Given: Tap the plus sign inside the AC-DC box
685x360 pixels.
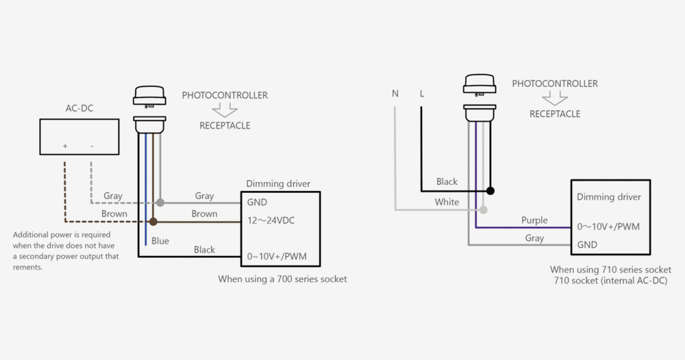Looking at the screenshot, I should tap(65, 146).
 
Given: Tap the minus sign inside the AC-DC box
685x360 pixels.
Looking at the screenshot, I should tap(91, 146).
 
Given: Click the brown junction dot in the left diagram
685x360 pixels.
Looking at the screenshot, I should tap(153, 222).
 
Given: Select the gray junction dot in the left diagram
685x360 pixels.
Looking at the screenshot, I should tap(160, 203).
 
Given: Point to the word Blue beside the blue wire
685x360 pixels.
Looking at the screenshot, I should tap(160, 241).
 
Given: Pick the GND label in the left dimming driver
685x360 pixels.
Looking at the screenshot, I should tap(257, 203).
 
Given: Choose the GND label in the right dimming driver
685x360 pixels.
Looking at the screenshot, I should tap(587, 244).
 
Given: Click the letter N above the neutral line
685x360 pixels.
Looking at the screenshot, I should tap(395, 94).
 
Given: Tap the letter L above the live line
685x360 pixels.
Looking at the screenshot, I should tap(421, 94).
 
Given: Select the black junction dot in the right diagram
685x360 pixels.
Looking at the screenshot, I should tap(490, 191).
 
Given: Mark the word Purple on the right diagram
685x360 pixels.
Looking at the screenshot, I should tap(534, 220).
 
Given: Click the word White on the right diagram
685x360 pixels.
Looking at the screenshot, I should tap(447, 202).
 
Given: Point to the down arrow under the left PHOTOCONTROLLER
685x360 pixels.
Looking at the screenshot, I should tap(224, 110).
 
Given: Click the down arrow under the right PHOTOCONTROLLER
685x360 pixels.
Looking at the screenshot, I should tap(554, 99).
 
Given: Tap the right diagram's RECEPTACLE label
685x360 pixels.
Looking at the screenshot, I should tap(555, 114).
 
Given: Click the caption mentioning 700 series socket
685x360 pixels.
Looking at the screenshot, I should tap(282, 279).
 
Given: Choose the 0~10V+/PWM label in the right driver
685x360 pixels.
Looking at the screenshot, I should tap(608, 227).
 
